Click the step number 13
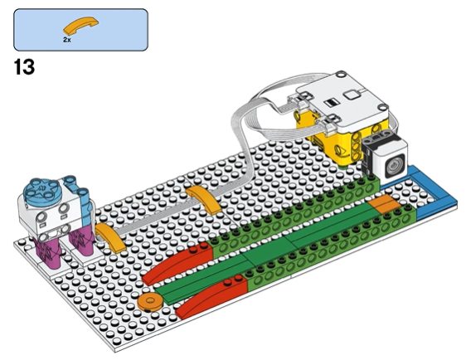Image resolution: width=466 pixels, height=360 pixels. coord(24,67)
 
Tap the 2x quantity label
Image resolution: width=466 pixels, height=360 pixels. coord(67,40)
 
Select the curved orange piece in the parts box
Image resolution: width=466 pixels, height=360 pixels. coord(80,26)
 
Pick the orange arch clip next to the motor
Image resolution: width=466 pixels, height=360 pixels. coord(110,238)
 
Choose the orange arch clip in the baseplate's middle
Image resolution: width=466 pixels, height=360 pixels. coord(204,199)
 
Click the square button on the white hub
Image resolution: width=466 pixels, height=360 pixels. coord(352,95)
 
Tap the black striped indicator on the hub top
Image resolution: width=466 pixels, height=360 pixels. coord(332,103)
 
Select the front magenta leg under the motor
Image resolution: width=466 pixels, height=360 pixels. coord(47,253)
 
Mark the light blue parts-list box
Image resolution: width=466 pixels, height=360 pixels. coord(80,30)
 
